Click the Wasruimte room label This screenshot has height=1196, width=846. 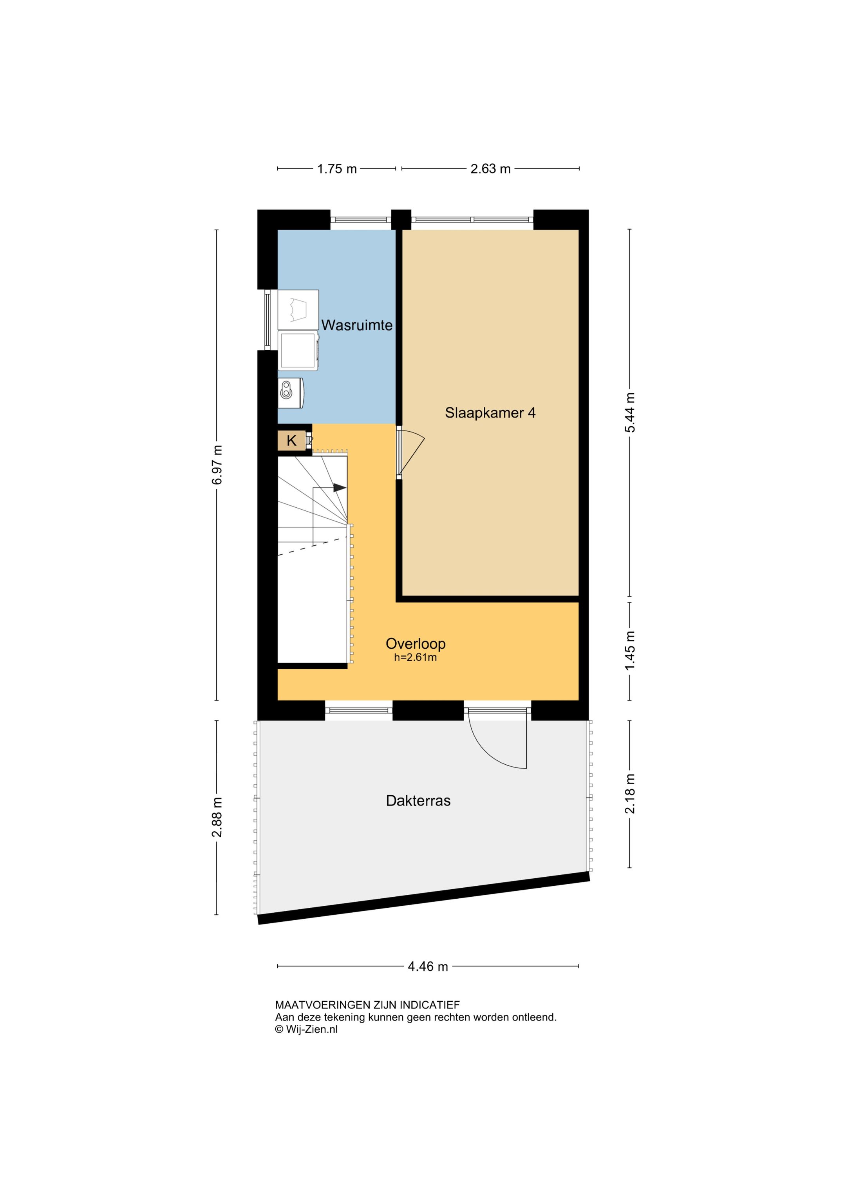(x=357, y=325)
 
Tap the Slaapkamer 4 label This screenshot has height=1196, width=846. (x=490, y=413)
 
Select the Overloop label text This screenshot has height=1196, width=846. (x=416, y=644)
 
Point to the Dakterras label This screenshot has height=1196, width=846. (x=418, y=801)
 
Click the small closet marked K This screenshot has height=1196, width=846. (x=292, y=441)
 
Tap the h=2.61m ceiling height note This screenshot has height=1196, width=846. (x=415, y=657)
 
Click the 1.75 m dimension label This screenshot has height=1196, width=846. (x=337, y=169)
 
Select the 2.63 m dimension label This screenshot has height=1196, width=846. (x=490, y=169)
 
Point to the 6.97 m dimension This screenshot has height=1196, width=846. (x=217, y=465)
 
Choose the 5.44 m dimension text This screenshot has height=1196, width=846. (x=630, y=412)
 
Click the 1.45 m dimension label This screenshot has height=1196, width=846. (x=630, y=651)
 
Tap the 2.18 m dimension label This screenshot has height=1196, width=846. (x=630, y=794)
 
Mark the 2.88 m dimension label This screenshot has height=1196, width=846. (x=217, y=817)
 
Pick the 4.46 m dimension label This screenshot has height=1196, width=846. (x=428, y=967)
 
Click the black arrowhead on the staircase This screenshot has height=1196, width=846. (x=340, y=488)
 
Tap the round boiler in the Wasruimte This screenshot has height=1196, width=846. (x=291, y=393)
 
